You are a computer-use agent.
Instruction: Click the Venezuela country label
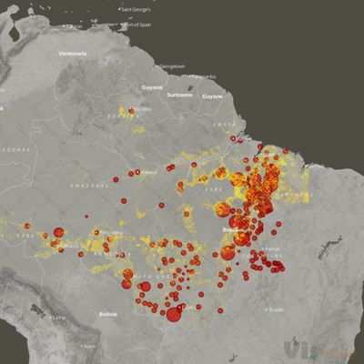[72, 54]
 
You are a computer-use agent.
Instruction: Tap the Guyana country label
[152, 87]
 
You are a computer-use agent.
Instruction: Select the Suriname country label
[180, 94]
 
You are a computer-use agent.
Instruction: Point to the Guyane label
[212, 96]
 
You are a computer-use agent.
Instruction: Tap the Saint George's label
[137, 9]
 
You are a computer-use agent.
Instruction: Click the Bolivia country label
[109, 314]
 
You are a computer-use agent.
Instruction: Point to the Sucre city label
[89, 346]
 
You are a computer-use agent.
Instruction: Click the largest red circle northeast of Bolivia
[174, 315]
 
